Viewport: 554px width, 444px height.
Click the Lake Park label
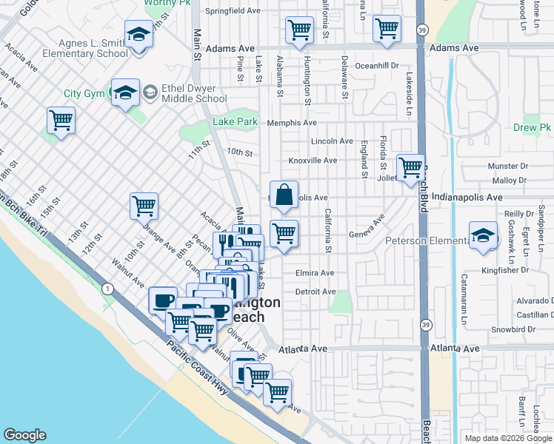click(x=236, y=121)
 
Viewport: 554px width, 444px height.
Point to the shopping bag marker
click(x=284, y=196)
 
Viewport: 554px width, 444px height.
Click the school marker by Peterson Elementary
click(x=483, y=236)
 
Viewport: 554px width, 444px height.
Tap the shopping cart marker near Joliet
click(x=410, y=168)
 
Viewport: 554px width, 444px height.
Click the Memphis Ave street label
click(x=292, y=123)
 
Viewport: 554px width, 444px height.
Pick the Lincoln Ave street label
click(x=332, y=141)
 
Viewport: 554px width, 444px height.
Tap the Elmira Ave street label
click(x=315, y=273)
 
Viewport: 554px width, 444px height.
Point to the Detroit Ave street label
click(x=316, y=292)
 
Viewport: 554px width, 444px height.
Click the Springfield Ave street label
click(x=233, y=11)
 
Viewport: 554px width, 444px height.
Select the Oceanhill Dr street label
click(x=376, y=65)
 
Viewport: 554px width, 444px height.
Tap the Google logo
click(x=25, y=435)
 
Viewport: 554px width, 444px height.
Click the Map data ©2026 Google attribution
click(x=508, y=438)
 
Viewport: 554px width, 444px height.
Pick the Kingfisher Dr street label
click(x=528, y=270)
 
